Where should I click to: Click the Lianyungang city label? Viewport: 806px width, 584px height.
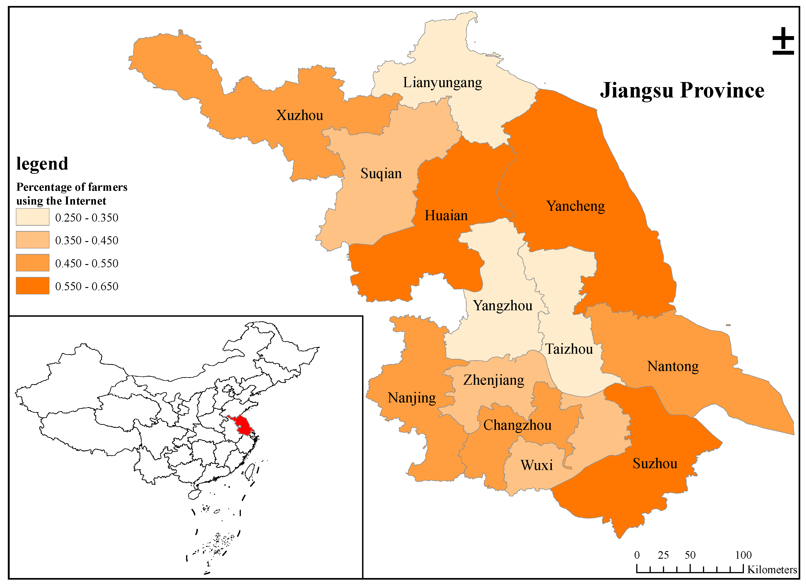(x=442, y=83)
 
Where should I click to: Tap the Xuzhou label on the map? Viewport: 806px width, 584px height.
(x=299, y=115)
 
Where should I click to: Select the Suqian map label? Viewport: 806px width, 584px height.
(x=381, y=174)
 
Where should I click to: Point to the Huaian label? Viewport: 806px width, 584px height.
(x=446, y=216)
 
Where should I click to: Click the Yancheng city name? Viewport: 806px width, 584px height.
(x=575, y=206)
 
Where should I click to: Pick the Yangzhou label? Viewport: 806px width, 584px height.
(x=503, y=306)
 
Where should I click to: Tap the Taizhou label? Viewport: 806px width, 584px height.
(x=569, y=349)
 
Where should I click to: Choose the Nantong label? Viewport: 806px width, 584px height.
(x=673, y=366)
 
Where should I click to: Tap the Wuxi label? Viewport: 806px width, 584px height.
(x=537, y=465)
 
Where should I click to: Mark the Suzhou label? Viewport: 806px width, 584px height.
(x=655, y=464)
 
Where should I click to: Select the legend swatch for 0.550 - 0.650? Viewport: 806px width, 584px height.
(x=33, y=286)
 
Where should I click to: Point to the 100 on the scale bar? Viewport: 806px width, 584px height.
(x=743, y=555)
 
